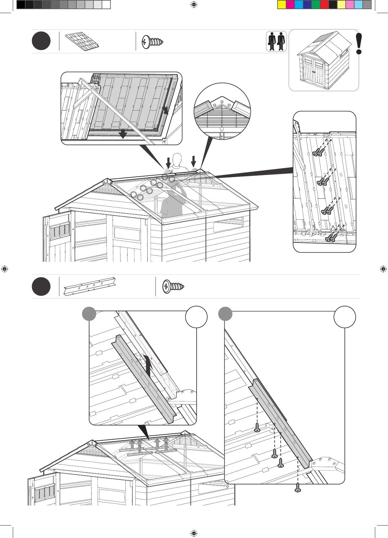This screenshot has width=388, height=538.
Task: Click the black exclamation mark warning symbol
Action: [359, 44]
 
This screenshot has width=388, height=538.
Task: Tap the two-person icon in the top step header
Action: [276, 41]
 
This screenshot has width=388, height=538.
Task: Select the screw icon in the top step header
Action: [153, 42]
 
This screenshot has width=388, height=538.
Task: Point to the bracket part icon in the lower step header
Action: [90, 286]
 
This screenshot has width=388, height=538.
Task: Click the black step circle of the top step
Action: [41, 41]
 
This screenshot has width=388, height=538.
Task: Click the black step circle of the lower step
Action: [41, 286]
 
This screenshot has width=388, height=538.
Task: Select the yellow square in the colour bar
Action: [281, 5]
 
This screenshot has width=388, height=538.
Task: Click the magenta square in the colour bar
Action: [290, 5]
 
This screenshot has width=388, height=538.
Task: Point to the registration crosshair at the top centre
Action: [194, 5]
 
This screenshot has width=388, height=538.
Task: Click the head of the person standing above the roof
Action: [177, 159]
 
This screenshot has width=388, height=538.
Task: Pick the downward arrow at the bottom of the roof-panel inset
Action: [123, 133]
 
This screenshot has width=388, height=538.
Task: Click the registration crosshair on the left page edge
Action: [5, 269]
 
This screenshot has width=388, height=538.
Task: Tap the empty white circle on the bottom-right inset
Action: [345, 317]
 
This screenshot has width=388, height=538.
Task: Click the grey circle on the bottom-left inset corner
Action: [89, 313]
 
